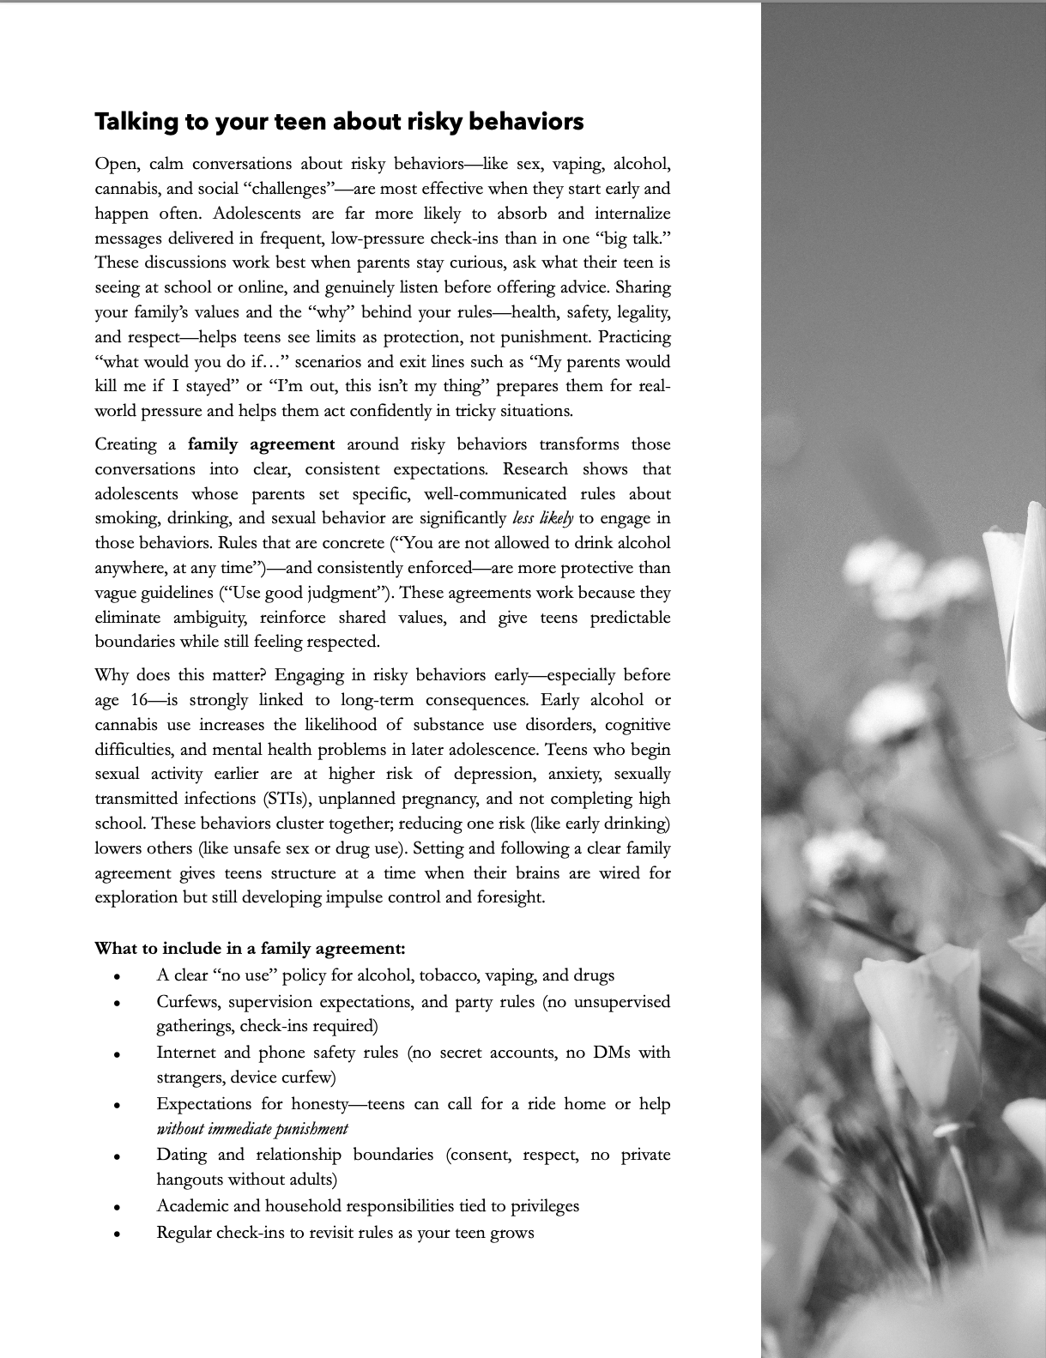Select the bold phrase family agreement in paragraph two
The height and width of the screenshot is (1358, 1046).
tap(261, 444)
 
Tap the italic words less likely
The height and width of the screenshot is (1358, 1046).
tap(542, 518)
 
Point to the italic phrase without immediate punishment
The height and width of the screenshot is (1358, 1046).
tap(251, 1128)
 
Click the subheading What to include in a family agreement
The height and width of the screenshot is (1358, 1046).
tap(250, 948)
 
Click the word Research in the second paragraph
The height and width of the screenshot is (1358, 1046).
tap(535, 469)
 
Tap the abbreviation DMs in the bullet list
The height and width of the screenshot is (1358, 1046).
tap(612, 1053)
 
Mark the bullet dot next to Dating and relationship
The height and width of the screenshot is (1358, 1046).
tap(116, 1156)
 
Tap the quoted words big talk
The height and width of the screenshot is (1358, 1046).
tap(632, 238)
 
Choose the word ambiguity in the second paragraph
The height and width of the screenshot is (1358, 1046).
tap(211, 618)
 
